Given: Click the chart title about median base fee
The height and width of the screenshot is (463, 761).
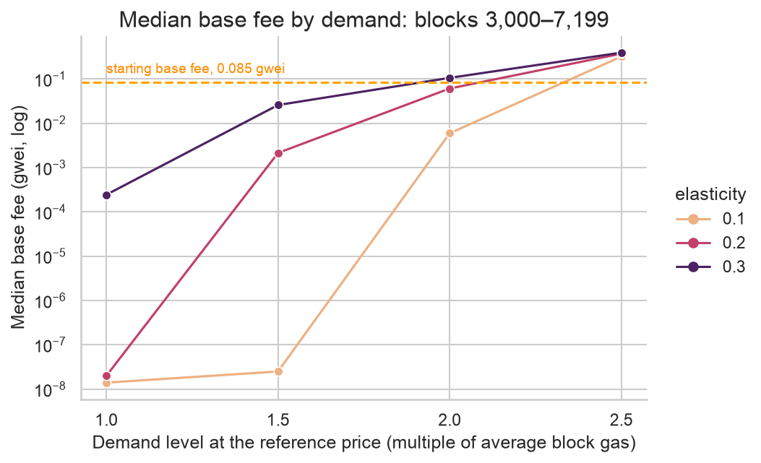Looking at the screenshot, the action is point(364,20).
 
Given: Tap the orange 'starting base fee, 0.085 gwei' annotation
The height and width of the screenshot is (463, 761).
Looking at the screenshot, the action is point(196,69).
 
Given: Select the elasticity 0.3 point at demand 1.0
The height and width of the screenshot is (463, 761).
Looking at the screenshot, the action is point(107,195).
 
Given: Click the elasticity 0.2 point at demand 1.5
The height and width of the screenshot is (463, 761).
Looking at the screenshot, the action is point(278,153).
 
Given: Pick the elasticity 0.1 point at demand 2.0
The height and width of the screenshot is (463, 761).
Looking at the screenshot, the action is point(450,133).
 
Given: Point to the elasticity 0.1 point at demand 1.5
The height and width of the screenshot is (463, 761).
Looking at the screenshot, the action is point(278,371).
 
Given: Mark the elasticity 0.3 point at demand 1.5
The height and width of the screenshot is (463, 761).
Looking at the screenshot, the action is point(278,105).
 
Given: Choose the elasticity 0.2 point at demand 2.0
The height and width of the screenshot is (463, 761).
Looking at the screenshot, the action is point(450,89).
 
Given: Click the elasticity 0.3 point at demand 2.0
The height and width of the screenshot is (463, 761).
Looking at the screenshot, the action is point(450,78).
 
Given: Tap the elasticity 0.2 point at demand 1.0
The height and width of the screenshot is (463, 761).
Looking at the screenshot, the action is point(107,376).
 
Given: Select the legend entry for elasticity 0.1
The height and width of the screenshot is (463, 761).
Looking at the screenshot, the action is point(710,219).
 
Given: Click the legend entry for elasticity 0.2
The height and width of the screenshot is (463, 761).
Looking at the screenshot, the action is point(710,243).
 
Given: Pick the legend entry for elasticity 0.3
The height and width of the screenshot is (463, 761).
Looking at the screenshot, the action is point(710,267).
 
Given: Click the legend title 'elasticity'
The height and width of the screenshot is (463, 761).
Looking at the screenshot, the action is point(710,194).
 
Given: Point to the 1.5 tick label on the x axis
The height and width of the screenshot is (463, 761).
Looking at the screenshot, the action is point(278,420).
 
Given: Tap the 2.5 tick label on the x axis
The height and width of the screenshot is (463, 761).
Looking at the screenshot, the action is point(622,420).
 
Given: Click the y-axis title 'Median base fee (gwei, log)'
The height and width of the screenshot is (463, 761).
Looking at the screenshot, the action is point(18,217).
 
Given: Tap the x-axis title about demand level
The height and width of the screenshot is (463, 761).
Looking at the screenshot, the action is point(364,443).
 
